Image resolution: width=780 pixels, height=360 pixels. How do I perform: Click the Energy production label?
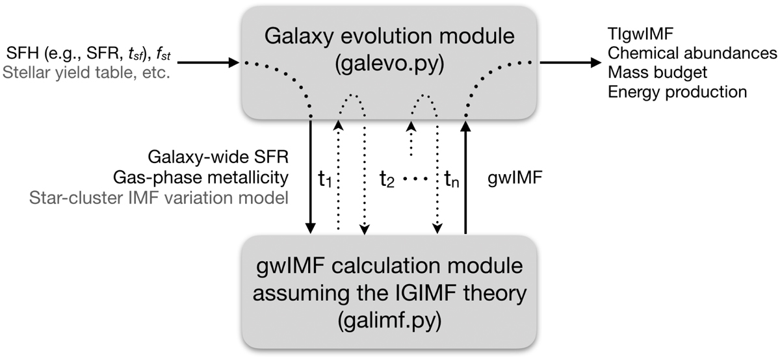coord(677,92)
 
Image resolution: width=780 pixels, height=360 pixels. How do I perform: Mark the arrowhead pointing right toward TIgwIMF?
coord(593,63)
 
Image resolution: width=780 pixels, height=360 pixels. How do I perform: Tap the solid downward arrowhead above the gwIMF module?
coord(311,227)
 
